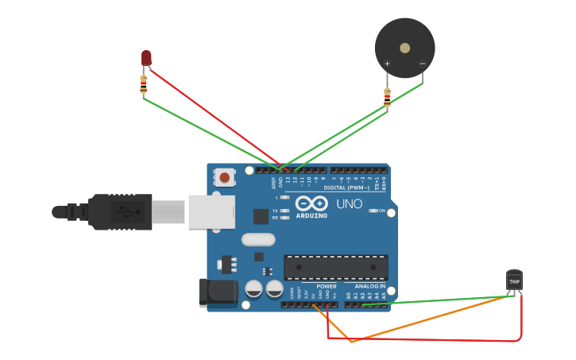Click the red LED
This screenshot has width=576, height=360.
click(x=146, y=57)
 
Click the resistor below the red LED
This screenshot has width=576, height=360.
click(x=144, y=84)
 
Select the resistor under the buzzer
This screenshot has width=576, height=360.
click(x=387, y=97)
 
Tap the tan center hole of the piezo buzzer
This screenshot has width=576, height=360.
click(x=405, y=48)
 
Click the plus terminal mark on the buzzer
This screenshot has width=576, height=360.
click(x=388, y=64)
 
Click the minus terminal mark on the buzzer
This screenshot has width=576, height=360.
click(x=422, y=64)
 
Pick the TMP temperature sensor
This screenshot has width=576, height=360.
click(x=515, y=281)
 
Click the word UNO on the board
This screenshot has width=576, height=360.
click(x=350, y=204)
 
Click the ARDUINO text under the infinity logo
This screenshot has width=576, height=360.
click(x=311, y=215)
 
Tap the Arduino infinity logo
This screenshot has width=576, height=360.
click(x=311, y=203)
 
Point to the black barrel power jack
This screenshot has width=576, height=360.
click(x=218, y=292)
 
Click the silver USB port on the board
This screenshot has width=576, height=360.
click(x=211, y=212)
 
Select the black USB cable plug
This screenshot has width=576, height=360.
click(x=119, y=212)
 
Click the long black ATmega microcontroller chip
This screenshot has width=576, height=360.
click(x=336, y=267)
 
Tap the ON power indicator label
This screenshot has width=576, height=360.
click(x=381, y=211)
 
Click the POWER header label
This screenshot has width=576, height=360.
click(x=327, y=286)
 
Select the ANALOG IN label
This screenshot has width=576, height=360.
click(x=369, y=286)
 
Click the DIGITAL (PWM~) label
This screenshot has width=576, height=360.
click(x=346, y=188)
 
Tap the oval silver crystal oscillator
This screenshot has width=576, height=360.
click(x=258, y=239)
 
